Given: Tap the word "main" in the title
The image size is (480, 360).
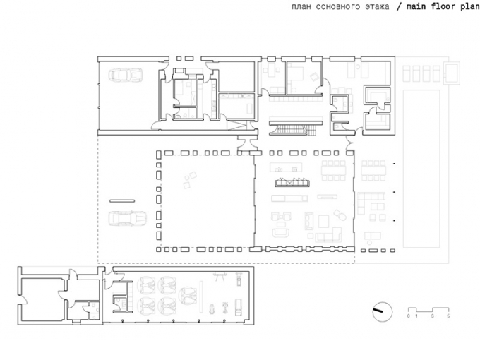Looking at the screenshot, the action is (416, 6).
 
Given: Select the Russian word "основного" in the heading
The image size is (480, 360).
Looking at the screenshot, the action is (337, 6).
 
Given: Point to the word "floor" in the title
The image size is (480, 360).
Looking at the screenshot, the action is (443, 6).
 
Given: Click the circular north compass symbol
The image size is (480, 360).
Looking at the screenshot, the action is (383, 311).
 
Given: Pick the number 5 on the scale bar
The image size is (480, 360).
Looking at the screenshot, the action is (448, 316).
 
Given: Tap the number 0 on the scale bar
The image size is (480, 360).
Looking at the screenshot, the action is (409, 316).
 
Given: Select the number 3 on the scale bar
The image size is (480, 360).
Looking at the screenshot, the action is (433, 316).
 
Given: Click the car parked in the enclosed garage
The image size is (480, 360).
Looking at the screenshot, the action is (125, 74).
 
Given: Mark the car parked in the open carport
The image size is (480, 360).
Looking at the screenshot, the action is (128, 218).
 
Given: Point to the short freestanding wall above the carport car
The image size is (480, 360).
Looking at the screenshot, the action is (122, 200).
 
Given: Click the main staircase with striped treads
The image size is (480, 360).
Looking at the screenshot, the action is (295, 129).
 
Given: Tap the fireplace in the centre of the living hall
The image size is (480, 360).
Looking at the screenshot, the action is (292, 183).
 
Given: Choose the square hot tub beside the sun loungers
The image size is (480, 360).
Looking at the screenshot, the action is (452, 73).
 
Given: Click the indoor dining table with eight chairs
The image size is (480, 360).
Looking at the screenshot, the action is (333, 170).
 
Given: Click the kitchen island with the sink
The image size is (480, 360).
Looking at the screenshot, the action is (286, 167).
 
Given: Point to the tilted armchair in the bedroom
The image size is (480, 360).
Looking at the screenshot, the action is (314, 76).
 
